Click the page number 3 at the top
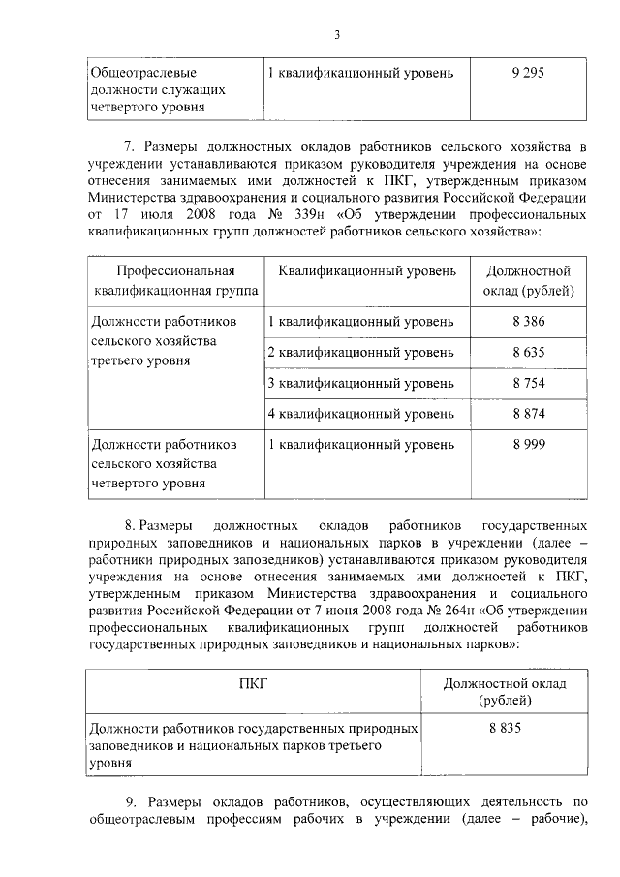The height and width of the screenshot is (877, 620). (x=336, y=36)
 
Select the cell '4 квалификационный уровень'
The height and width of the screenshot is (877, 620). (x=360, y=414)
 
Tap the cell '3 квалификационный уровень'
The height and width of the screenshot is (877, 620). (x=360, y=383)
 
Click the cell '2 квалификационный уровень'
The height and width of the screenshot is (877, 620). (x=360, y=352)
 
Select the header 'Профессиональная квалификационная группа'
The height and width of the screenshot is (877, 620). (x=176, y=280)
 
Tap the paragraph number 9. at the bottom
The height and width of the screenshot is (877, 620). (x=135, y=801)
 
